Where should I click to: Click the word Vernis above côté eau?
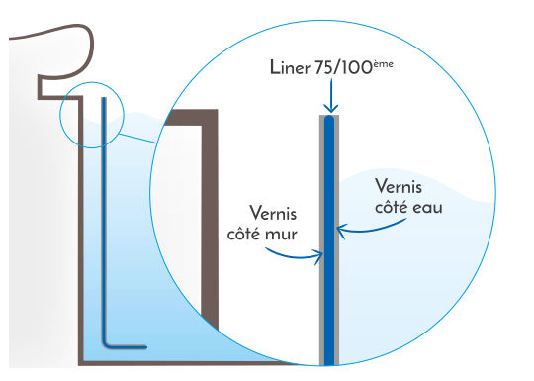(x=399, y=185)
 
